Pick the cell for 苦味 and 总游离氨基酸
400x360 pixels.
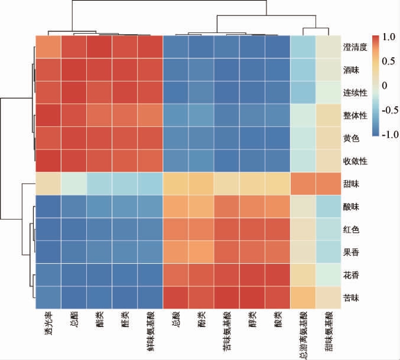(x=304, y=297)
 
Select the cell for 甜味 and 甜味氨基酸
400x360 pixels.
(x=329, y=184)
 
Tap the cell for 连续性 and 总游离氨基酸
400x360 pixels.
(x=304, y=92)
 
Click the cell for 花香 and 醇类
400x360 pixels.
(x=252, y=274)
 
